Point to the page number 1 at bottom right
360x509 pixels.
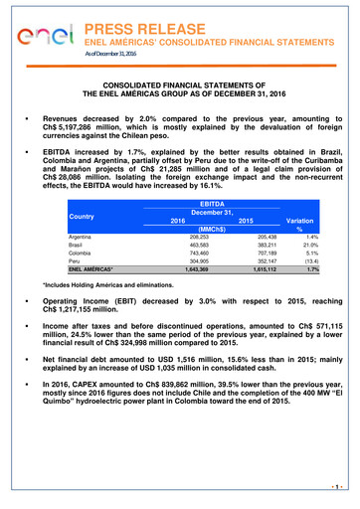coord(340,488)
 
